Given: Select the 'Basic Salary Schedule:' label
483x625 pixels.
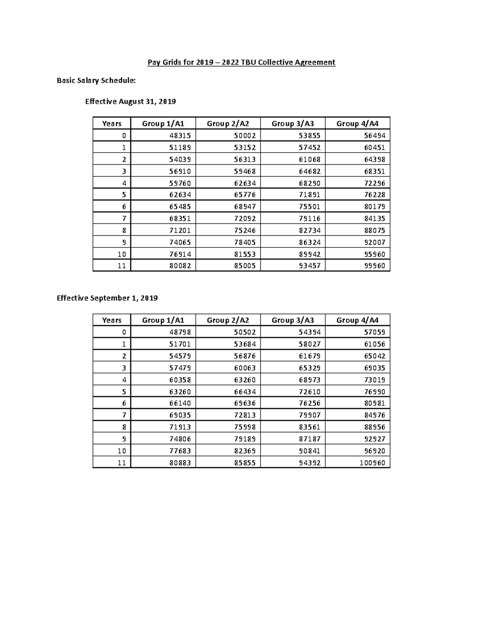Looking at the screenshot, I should pyautogui.click(x=96, y=80).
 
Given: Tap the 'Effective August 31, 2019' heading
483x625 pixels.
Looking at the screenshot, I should pyautogui.click(x=130, y=101).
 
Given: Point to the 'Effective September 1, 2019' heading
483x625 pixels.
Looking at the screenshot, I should pyautogui.click(x=107, y=298).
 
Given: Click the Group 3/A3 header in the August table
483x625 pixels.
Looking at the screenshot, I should pyautogui.click(x=293, y=124).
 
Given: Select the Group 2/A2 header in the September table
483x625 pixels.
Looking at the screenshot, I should pyautogui.click(x=228, y=320).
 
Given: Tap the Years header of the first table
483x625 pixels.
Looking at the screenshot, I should pyautogui.click(x=112, y=124).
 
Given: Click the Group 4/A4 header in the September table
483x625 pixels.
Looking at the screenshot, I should pyautogui.click(x=357, y=320).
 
